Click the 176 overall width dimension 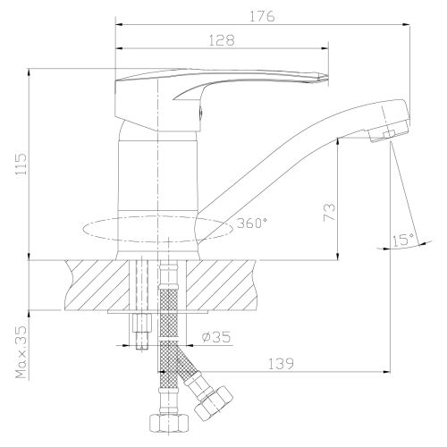click(262, 16)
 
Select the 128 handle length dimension click(222, 40)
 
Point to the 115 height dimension click(21, 164)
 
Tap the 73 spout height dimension click(330, 212)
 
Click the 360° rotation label click(252, 223)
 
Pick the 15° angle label click(403, 240)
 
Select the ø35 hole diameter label click(216, 337)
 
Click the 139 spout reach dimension click(281, 364)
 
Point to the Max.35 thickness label click(21, 352)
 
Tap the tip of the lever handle click(325, 76)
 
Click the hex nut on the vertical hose click(169, 423)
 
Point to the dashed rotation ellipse click(157, 229)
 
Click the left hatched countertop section click(97, 284)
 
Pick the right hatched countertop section click(222, 284)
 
